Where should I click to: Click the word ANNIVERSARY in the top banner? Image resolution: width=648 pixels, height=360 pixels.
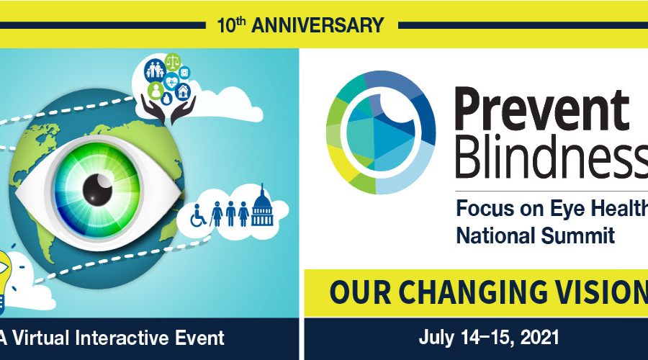click(x=318, y=25)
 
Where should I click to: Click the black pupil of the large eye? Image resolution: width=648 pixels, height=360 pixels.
click(x=97, y=189)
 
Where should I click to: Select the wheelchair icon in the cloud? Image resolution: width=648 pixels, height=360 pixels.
click(x=199, y=215)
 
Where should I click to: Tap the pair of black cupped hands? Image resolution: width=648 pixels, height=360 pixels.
click(x=168, y=109)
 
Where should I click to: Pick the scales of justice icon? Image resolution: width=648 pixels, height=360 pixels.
click(x=172, y=62)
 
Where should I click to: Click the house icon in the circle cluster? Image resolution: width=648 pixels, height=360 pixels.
click(x=183, y=91)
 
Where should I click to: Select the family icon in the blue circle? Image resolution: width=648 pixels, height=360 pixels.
click(x=155, y=69)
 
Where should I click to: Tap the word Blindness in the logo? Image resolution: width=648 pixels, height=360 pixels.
click(x=552, y=156)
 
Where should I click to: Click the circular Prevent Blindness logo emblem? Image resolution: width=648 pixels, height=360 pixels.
click(x=381, y=132)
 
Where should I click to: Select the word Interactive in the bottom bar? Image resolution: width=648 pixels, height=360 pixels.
click(x=122, y=338)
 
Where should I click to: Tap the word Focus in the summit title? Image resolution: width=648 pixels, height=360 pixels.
click(x=480, y=208)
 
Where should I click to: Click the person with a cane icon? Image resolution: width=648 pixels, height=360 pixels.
click(x=217, y=214)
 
